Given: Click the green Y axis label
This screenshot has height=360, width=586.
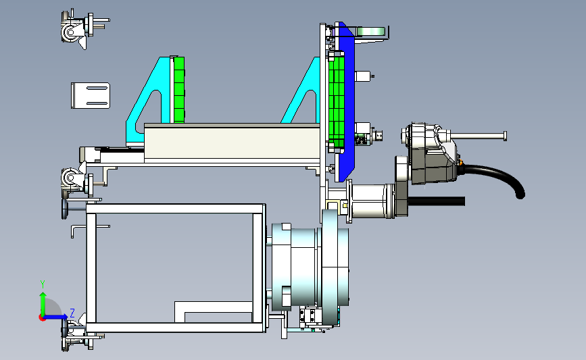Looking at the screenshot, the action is tap(43, 284).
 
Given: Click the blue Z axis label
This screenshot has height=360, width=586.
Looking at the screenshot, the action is tap(72, 313).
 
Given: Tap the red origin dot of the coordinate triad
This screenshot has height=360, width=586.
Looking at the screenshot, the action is tap(42, 318).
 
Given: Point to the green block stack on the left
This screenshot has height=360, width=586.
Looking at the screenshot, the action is tap(179, 90).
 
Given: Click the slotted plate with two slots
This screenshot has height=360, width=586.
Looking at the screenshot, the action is tap(91, 96).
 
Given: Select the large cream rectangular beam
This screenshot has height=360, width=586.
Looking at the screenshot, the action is tap(232, 143).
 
